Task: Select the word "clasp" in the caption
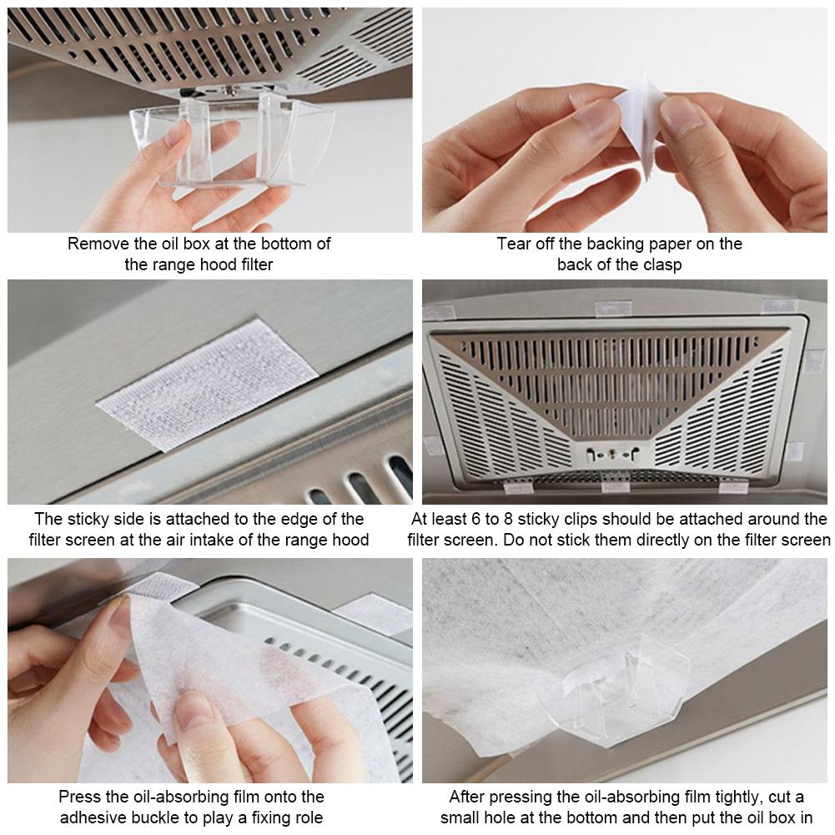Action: (662, 264)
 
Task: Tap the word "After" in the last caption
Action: (467, 797)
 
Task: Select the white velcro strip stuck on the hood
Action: (208, 385)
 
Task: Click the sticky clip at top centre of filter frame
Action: (613, 308)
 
